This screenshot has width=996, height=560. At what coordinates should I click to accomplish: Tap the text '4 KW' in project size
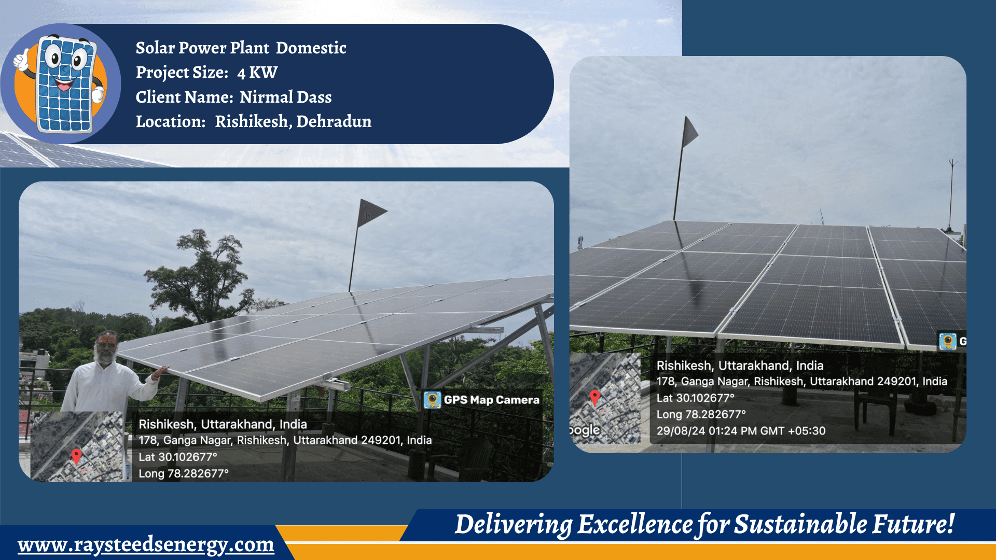(x=257, y=73)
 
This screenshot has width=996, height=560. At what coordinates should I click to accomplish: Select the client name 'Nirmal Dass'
(x=285, y=97)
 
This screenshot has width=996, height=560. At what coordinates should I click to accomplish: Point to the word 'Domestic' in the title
(x=311, y=48)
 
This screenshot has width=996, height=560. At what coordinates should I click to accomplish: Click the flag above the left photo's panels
(x=370, y=212)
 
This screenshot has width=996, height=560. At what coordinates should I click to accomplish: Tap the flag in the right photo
(x=690, y=132)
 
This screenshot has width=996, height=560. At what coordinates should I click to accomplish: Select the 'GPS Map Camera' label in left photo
(x=491, y=400)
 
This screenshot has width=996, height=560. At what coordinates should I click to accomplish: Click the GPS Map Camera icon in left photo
(x=432, y=400)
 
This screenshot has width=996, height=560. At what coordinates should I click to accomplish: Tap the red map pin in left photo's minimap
(x=76, y=456)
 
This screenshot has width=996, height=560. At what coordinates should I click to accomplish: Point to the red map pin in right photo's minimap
(x=595, y=397)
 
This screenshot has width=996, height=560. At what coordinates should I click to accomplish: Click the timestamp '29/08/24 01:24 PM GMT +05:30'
(x=741, y=431)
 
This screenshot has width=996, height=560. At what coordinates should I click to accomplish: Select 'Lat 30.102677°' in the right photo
(x=695, y=398)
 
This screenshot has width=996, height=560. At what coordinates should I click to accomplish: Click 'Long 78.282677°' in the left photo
(x=183, y=473)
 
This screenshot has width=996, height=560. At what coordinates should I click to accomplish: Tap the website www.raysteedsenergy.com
(x=146, y=544)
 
